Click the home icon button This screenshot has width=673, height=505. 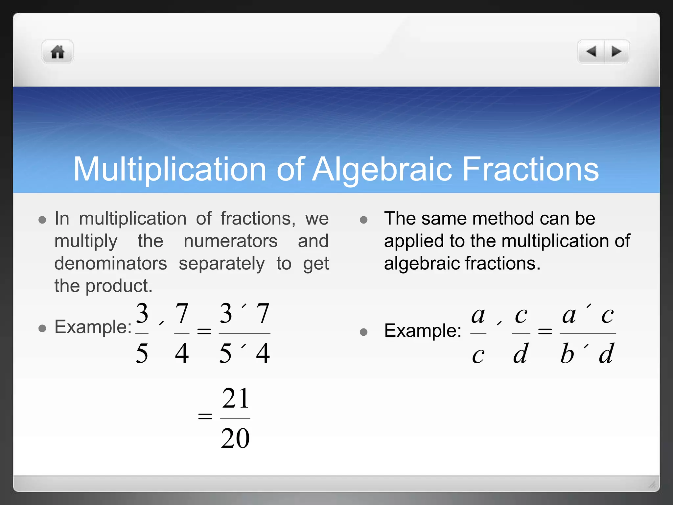pos(58,52)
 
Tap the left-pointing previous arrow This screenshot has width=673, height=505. pos(591,51)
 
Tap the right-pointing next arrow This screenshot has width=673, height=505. pos(616,51)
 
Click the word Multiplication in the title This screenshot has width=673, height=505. pos(169,169)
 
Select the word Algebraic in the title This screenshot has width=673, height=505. pos(382,169)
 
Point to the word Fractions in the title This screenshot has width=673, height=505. pos(530,169)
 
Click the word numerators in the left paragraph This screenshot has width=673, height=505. pos(230,241)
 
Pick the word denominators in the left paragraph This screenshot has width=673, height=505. pos(111,263)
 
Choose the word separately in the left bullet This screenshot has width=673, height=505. pos(221,263)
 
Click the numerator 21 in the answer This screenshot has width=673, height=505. pos(235,398)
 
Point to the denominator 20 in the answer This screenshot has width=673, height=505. pos(235,438)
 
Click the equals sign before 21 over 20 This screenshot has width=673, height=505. pos(205,416)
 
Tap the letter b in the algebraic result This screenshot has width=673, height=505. pos(567,354)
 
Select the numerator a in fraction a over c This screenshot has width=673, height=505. pos(478,315)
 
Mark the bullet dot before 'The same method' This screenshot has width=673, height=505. pos(363,220)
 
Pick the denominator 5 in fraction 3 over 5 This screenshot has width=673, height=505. pos(142,353)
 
